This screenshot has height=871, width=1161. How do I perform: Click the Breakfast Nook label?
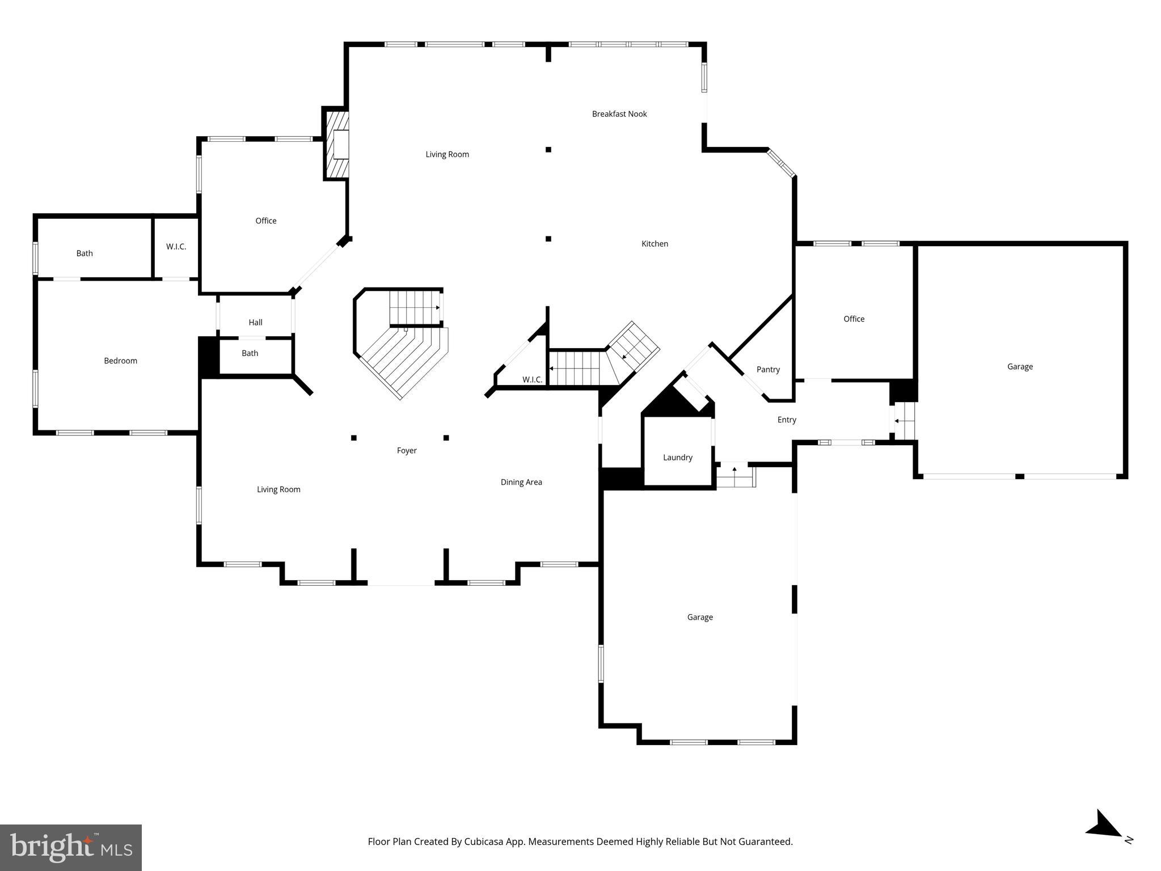(x=619, y=114)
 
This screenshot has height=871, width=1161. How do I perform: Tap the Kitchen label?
(x=655, y=244)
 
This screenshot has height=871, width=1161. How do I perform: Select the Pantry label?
(x=768, y=370)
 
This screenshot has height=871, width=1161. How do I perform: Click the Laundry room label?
(x=678, y=458)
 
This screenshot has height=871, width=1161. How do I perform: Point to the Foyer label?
(x=407, y=451)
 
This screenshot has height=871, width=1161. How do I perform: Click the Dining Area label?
(x=521, y=483)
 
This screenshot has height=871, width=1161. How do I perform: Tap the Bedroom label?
(x=120, y=361)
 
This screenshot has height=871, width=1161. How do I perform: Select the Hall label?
(x=255, y=323)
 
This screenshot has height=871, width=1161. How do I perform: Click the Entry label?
(x=787, y=420)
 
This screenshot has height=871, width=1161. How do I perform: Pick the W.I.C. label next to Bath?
(x=176, y=247)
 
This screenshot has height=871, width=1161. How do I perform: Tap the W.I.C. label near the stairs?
(x=532, y=380)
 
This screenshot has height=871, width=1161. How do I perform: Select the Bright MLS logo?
(x=71, y=847)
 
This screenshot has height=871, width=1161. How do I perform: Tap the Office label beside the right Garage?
(x=854, y=319)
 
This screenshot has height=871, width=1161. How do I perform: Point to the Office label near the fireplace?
(x=265, y=221)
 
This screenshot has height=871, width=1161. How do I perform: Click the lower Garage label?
(x=700, y=618)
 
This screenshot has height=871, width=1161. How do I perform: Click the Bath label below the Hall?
(x=250, y=353)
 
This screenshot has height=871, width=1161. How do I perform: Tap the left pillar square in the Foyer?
(x=354, y=438)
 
